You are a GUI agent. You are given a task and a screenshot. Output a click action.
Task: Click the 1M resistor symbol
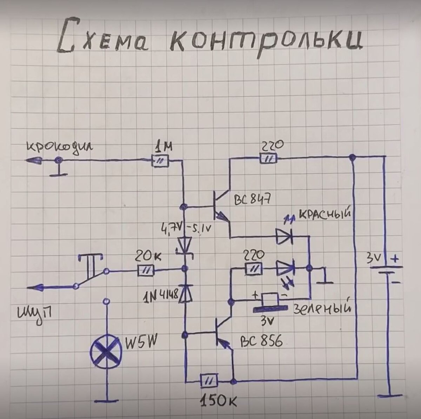click(160, 161)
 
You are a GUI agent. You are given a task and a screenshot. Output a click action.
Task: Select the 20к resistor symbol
click(146, 271)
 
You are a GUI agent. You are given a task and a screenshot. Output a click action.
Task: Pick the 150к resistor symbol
click(209, 380)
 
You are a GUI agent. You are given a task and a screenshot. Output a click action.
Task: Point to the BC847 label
click(252, 201)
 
